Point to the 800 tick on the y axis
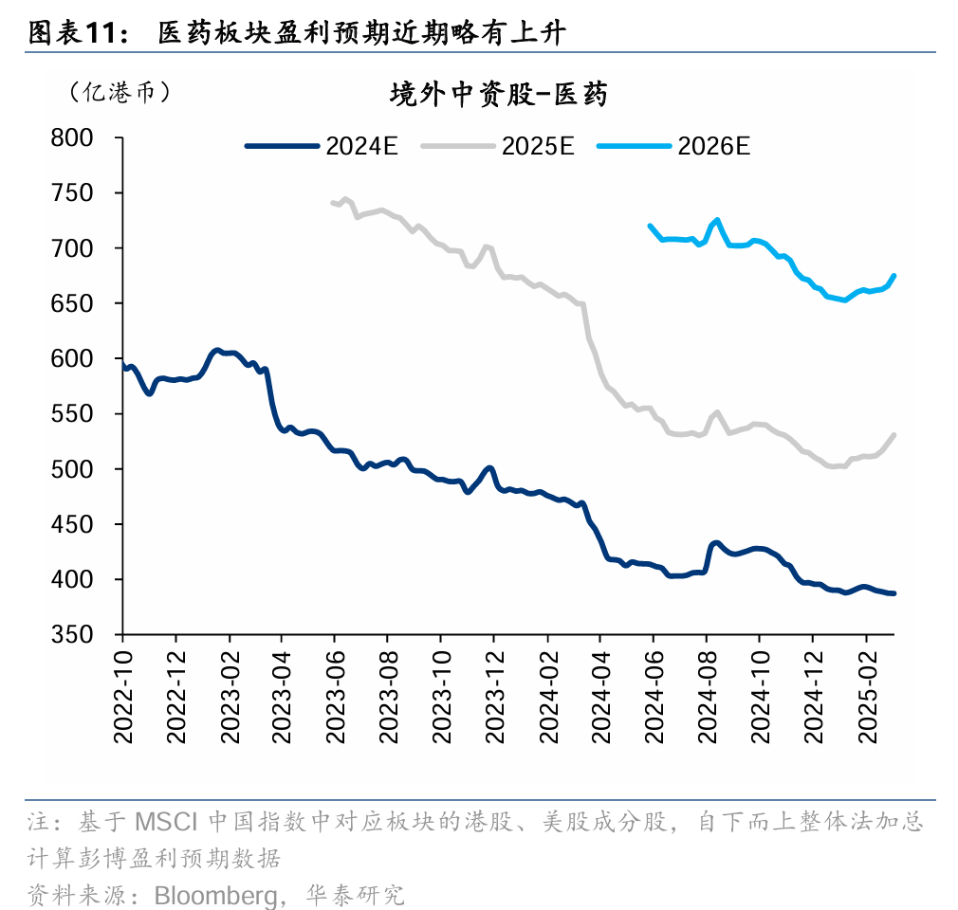pos(72,138)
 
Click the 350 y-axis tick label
pos(72,635)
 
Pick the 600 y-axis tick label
pos(72,359)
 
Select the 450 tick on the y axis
pos(72,525)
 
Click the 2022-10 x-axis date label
pos(123,702)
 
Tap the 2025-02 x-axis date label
pos(867,702)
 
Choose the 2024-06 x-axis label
pos(654,702)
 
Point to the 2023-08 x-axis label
pos(388,702)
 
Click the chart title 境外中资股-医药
pos(499,95)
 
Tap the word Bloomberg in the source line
pos(215,895)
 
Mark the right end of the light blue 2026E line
pos(894,276)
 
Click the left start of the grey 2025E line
pos(332,202)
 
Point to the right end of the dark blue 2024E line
pos(894,593)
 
